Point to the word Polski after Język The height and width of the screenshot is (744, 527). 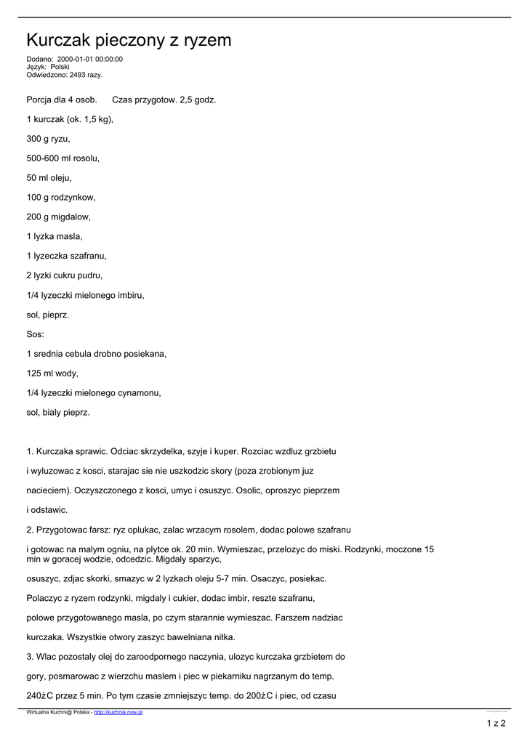(x=60, y=67)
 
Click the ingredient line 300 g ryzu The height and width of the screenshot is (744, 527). (x=49, y=139)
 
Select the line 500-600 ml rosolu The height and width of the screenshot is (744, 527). (x=63, y=158)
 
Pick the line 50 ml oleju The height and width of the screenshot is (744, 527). (x=49, y=178)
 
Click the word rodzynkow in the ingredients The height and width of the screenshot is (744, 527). (x=73, y=198)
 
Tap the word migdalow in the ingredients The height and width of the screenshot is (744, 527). (x=71, y=217)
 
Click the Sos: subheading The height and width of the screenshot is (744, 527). (x=36, y=335)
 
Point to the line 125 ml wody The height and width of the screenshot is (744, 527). (x=52, y=374)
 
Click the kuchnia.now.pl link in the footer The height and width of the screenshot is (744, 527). (x=118, y=713)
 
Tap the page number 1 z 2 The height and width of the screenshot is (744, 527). (x=496, y=723)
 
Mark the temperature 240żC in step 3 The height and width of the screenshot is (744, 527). (x=39, y=696)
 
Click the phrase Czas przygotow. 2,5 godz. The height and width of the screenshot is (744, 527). (x=164, y=100)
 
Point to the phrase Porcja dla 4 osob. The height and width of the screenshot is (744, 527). (x=62, y=100)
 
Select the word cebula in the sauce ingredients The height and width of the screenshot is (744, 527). (x=89, y=355)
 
